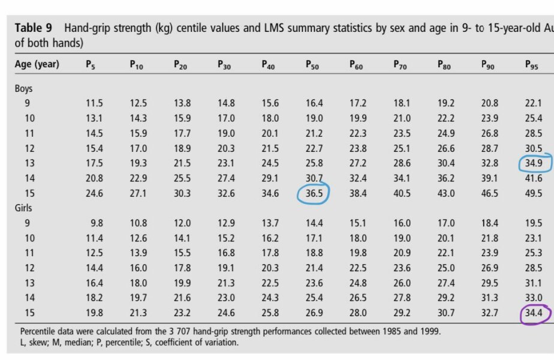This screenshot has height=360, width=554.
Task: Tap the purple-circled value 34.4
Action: (x=533, y=312)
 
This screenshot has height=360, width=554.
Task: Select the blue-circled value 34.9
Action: (x=533, y=163)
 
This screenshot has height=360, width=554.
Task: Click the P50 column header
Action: (x=312, y=64)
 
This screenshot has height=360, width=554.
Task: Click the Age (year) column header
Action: (x=37, y=64)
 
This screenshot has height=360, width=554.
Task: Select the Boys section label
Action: (x=24, y=88)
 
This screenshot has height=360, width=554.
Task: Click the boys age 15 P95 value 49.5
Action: (x=533, y=193)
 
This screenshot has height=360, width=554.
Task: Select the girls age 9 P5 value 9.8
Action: (x=97, y=223)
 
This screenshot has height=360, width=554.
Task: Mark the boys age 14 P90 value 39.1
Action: (x=489, y=178)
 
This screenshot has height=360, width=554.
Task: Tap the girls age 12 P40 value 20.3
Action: (x=270, y=268)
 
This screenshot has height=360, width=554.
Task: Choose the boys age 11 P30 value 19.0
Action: (x=226, y=133)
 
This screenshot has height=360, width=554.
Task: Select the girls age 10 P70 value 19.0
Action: (x=402, y=238)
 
